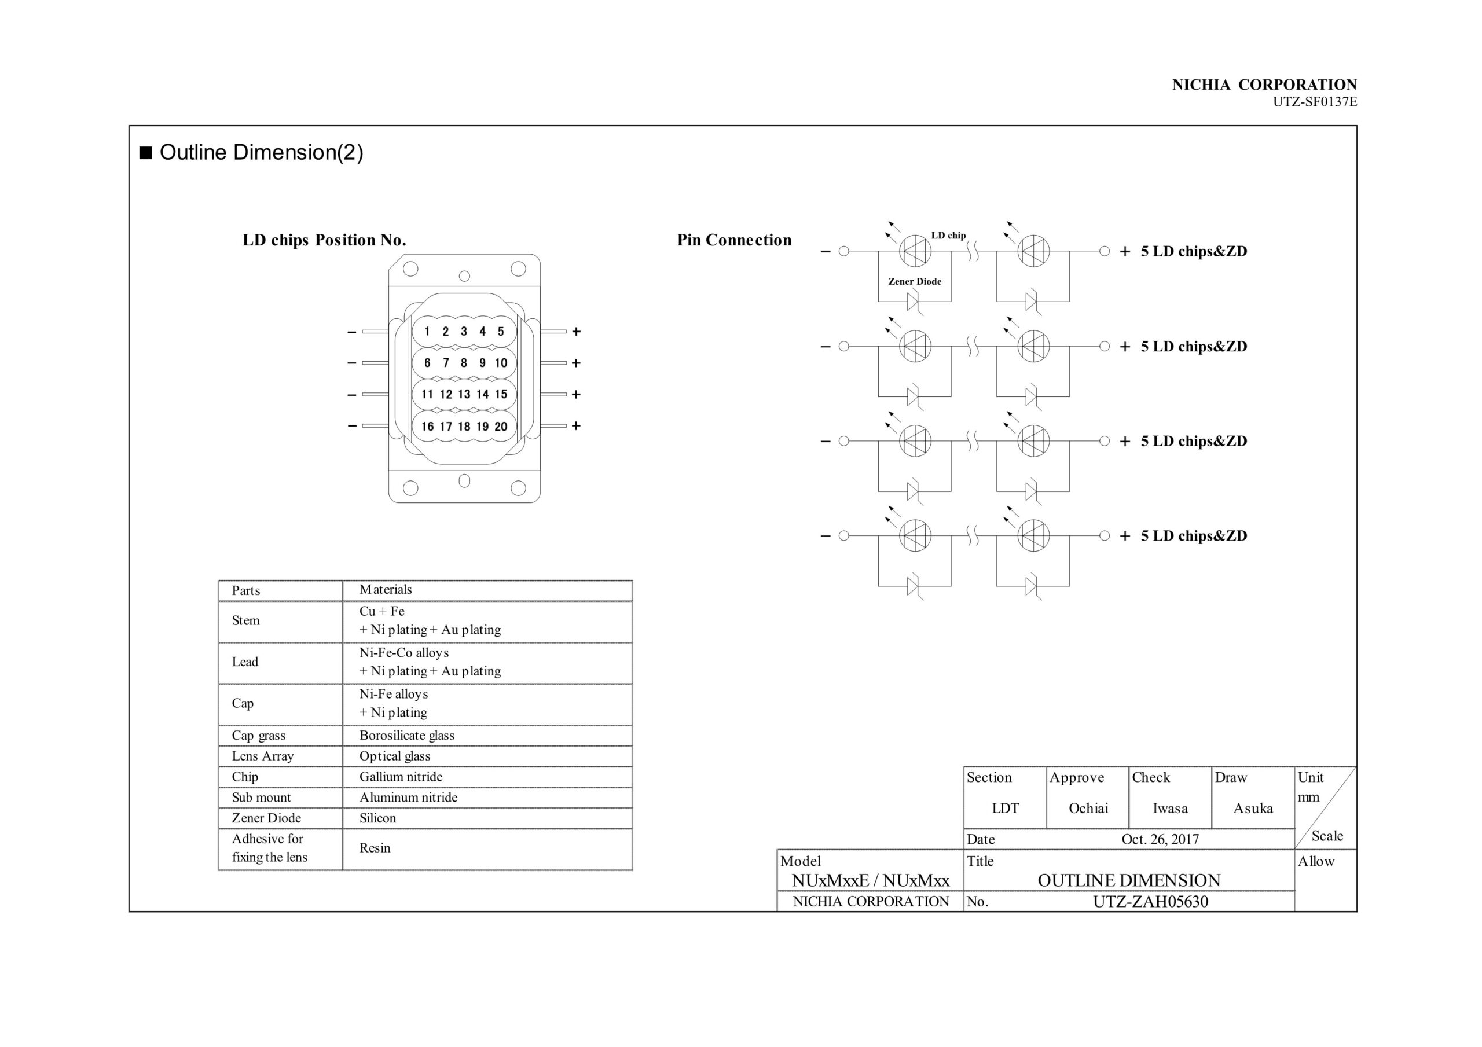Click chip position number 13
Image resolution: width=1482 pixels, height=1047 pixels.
[x=464, y=394]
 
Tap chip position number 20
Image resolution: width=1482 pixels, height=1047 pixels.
[x=501, y=427]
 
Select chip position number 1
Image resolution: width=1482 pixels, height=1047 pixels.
[x=427, y=332]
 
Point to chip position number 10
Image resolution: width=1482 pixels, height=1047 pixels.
[x=501, y=363]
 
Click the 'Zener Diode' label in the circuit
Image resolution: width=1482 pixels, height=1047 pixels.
[x=915, y=281]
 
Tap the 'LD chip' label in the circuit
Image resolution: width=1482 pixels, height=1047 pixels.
[x=948, y=236]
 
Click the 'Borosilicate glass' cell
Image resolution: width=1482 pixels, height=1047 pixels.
[x=406, y=735]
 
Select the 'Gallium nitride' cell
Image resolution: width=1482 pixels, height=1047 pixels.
[x=401, y=777]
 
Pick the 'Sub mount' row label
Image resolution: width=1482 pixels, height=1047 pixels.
[x=262, y=797]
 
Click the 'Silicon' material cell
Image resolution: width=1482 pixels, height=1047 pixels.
[x=377, y=818]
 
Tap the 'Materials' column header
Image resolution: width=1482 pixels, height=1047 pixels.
[x=386, y=589]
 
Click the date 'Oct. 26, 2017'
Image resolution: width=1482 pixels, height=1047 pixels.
[x=1160, y=839]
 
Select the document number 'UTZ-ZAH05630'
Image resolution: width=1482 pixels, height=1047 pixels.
[x=1150, y=902]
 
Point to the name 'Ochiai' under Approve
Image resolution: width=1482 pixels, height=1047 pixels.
[x=1088, y=808]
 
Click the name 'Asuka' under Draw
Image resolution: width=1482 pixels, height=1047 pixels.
[x=1253, y=808]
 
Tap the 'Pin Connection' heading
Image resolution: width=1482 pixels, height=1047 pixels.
[x=734, y=240]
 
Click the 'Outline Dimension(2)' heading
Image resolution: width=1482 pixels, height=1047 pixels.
[x=261, y=152]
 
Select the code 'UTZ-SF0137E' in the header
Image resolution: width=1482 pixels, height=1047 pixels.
[x=1314, y=102]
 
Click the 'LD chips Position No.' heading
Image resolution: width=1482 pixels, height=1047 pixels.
[x=324, y=240]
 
